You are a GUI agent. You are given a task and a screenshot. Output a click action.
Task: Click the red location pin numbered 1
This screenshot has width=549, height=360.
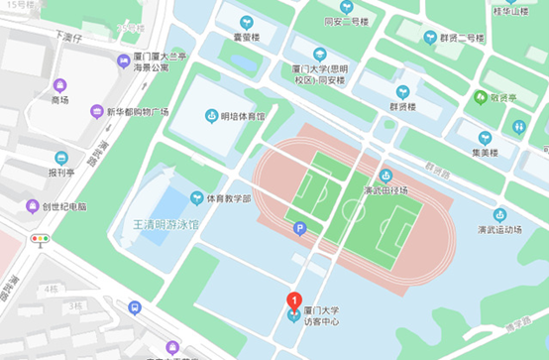[293, 300]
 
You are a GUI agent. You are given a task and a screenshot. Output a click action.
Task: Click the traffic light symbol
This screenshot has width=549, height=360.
[40, 239]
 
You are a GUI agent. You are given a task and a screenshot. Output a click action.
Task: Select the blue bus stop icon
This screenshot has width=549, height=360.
[135, 308]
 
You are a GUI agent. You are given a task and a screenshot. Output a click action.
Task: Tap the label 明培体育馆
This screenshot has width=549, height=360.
[242, 117]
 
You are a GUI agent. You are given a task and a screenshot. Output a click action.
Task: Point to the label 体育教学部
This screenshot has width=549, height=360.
[228, 198]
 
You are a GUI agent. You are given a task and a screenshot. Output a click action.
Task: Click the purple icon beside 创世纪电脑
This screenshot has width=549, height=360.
[33, 206]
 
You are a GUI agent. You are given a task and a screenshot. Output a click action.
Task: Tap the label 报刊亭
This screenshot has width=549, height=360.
[61, 171]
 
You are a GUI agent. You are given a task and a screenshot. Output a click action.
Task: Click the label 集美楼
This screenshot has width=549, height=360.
[486, 153]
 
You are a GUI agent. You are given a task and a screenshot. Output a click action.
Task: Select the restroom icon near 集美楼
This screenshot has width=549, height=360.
[518, 127]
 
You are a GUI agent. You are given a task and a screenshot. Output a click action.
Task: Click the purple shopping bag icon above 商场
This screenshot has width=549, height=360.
[60, 85]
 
